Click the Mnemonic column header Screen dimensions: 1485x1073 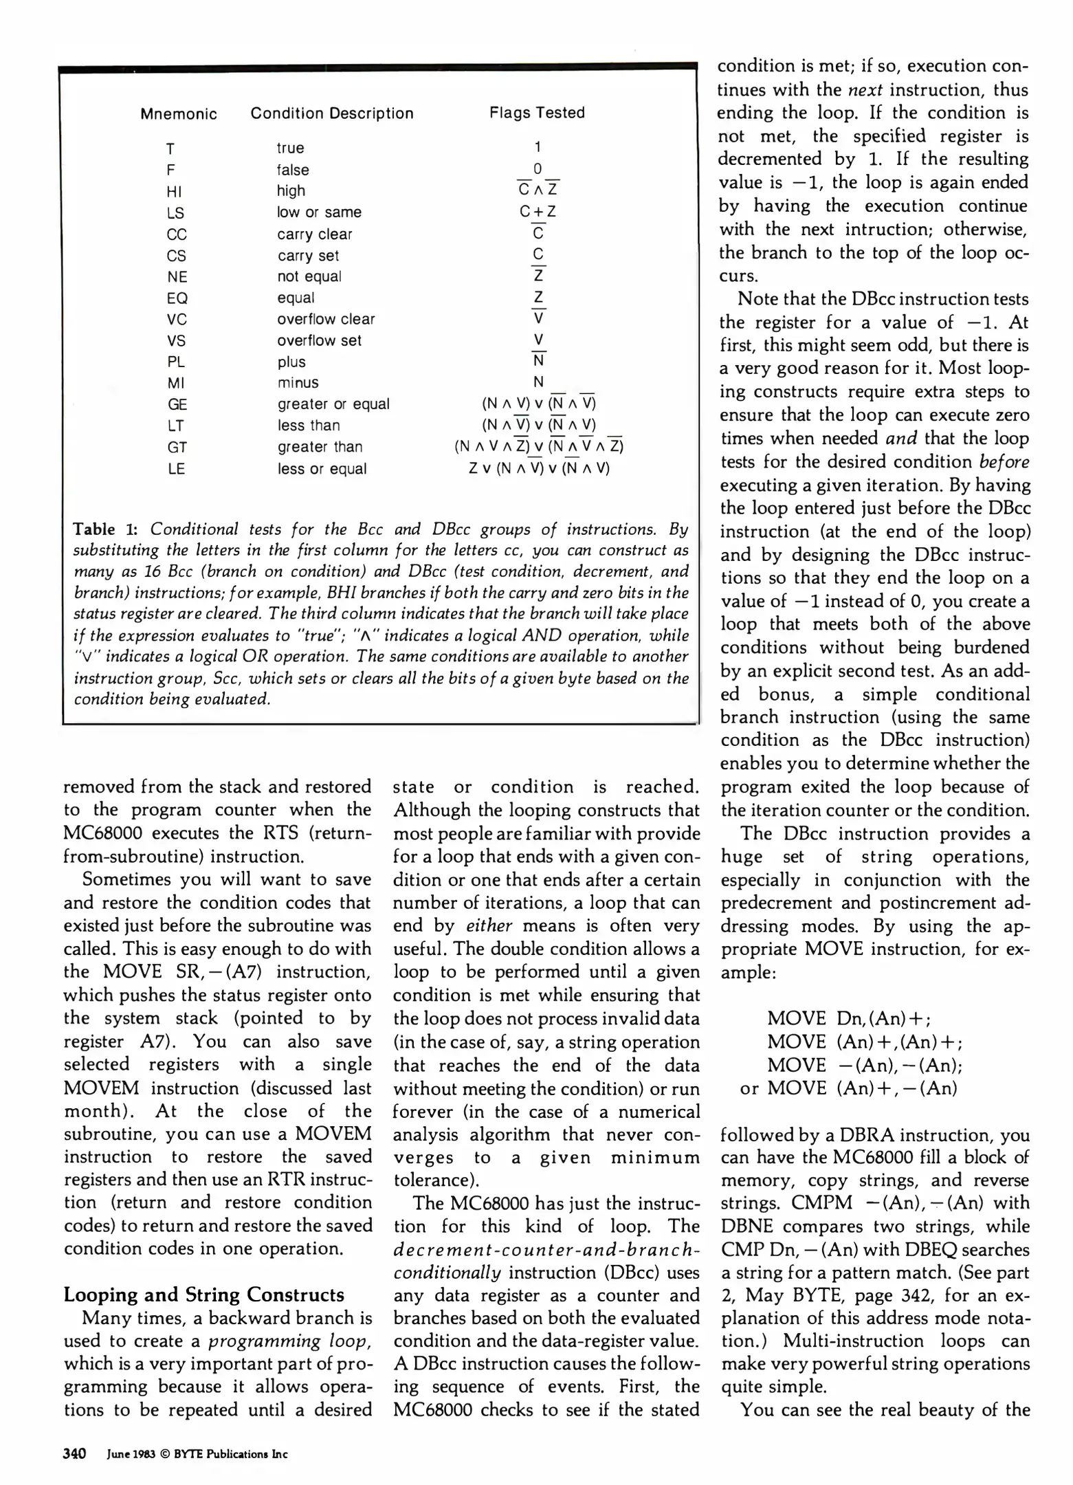point(179,114)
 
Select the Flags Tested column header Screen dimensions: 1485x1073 point(537,113)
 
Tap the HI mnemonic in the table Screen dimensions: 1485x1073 point(175,191)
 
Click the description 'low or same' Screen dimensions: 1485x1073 point(319,212)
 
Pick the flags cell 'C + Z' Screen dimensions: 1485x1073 point(538,212)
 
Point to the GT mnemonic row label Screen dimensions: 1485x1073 point(177,448)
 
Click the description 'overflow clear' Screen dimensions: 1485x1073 point(326,319)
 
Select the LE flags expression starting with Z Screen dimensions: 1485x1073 point(539,469)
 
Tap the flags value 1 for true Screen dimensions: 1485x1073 point(538,147)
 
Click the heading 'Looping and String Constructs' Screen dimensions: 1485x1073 point(203,1295)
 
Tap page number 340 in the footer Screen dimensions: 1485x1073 point(74,1453)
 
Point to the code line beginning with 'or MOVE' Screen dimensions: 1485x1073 point(848,1088)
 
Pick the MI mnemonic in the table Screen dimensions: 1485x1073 point(175,383)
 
